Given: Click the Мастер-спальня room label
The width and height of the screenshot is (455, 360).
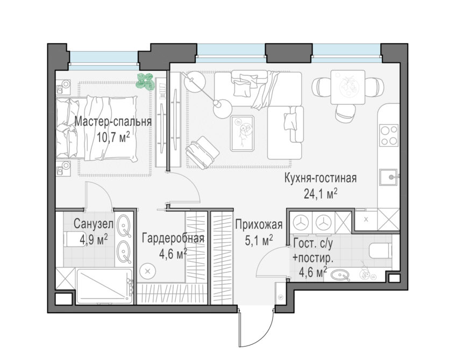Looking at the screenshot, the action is [x=113, y=122].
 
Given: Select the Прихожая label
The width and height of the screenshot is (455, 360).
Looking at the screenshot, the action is [x=259, y=225].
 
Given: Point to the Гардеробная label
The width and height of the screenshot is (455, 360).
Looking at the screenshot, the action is [x=173, y=238].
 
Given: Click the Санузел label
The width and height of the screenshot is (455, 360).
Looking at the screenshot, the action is [x=94, y=224].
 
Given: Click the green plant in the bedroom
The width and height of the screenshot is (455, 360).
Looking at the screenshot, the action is [x=145, y=82].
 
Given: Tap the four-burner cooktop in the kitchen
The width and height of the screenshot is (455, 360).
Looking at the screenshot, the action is [x=389, y=135].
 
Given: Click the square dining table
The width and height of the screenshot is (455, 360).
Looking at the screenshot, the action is [x=347, y=87].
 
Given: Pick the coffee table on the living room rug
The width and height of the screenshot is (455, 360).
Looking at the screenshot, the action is [x=243, y=133].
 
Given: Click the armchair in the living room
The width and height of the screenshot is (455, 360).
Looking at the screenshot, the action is [x=202, y=152].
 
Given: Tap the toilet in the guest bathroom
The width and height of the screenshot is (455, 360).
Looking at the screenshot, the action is [x=381, y=250].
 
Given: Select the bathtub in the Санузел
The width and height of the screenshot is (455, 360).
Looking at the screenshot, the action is [x=104, y=286].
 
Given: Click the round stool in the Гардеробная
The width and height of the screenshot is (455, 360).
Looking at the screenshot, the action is [x=148, y=271].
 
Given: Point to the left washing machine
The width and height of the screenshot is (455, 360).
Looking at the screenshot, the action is [x=301, y=222].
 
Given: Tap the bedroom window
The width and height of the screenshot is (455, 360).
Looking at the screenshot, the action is [x=104, y=60].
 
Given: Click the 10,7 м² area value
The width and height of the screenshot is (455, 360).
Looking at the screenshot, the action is [x=113, y=137].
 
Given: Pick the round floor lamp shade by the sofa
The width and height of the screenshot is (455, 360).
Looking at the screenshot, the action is [x=222, y=109].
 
